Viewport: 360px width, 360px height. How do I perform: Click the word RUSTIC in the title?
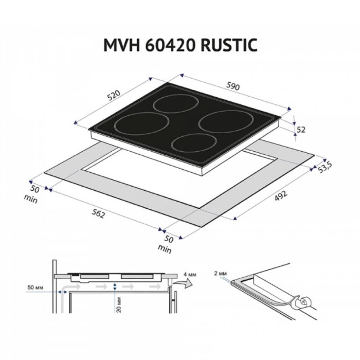pyautogui.click(x=229, y=45)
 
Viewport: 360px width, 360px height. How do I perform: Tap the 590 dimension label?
pyautogui.click(x=233, y=86)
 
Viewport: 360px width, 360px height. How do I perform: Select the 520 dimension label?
pyautogui.click(x=114, y=96)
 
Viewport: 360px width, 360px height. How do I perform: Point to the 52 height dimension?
pyautogui.click(x=301, y=130)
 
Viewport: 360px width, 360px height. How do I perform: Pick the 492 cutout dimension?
pyautogui.click(x=281, y=196)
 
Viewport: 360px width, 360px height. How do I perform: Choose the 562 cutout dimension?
pyautogui.click(x=98, y=214)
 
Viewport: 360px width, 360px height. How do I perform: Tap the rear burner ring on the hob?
pyautogui.click(x=175, y=95)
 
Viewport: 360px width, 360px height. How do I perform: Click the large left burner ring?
pyautogui.click(x=141, y=113)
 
